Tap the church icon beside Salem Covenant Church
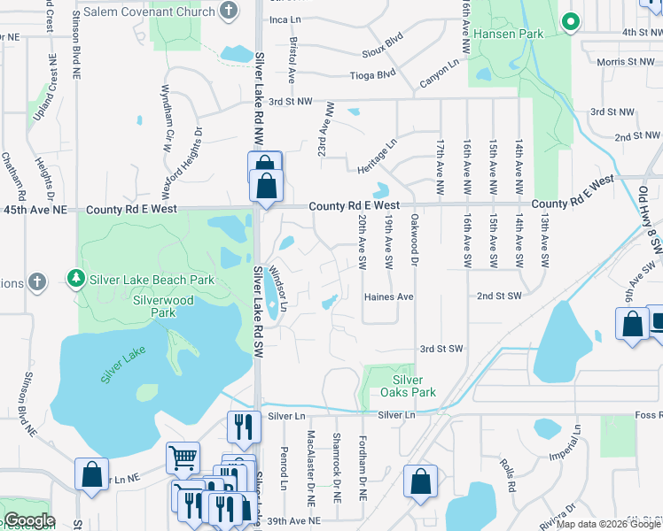tap(229, 11)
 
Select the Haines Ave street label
tap(389, 297)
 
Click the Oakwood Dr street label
tap(413, 238)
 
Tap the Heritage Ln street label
tap(378, 155)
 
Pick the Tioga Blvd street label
tap(372, 75)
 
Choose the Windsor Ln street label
tap(278, 288)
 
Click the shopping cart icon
tap(183, 458)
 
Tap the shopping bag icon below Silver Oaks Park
tap(421, 481)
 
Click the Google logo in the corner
tap(28, 520)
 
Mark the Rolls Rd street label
tap(508, 474)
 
